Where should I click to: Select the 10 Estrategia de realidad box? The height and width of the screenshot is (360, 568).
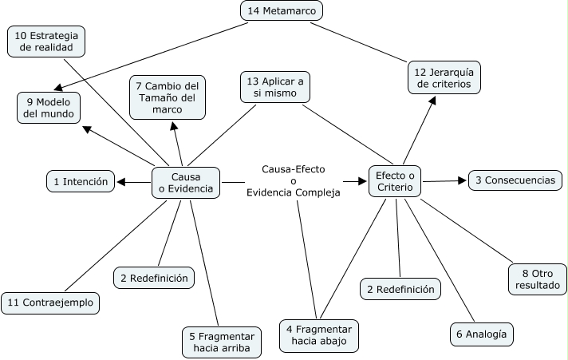pos(46,42)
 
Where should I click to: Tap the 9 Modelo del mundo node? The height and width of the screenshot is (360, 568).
pos(49,108)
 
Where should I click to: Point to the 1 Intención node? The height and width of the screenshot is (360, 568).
pos(81,182)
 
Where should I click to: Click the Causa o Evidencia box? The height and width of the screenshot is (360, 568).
pos(186,183)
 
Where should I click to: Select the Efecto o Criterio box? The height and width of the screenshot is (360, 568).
pos(395,181)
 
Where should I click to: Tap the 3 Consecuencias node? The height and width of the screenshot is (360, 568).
pos(515,180)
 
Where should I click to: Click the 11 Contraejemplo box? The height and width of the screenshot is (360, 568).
pos(50,303)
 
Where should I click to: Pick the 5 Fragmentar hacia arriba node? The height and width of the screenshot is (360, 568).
pos(220,342)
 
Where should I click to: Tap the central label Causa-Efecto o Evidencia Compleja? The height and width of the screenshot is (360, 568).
pos(294,181)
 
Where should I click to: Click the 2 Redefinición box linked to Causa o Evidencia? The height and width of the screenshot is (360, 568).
pos(154,278)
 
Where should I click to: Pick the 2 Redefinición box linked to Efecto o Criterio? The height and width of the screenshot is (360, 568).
pos(400,289)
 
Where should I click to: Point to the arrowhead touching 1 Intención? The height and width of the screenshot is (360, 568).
pos(121,183)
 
